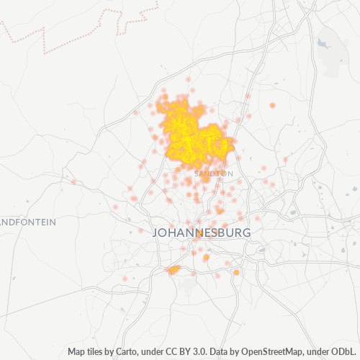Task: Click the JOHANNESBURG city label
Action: (202, 233)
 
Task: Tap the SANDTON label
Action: (214, 174)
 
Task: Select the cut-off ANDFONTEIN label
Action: (27, 222)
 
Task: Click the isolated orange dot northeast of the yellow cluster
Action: (272, 105)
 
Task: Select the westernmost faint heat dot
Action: (73, 181)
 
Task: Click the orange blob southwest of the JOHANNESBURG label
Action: (173, 270)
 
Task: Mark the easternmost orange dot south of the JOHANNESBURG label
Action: (236, 273)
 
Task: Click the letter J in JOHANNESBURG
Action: (156, 233)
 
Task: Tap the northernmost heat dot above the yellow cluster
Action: (189, 80)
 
